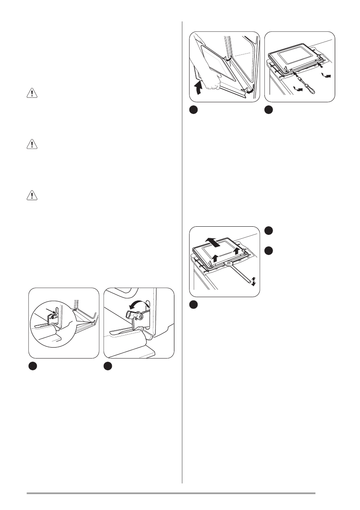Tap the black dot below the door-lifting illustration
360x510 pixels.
coord(194,111)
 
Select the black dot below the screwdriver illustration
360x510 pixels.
coord(268,111)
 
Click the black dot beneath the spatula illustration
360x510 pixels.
coord(194,305)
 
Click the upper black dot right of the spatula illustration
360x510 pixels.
coord(268,231)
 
